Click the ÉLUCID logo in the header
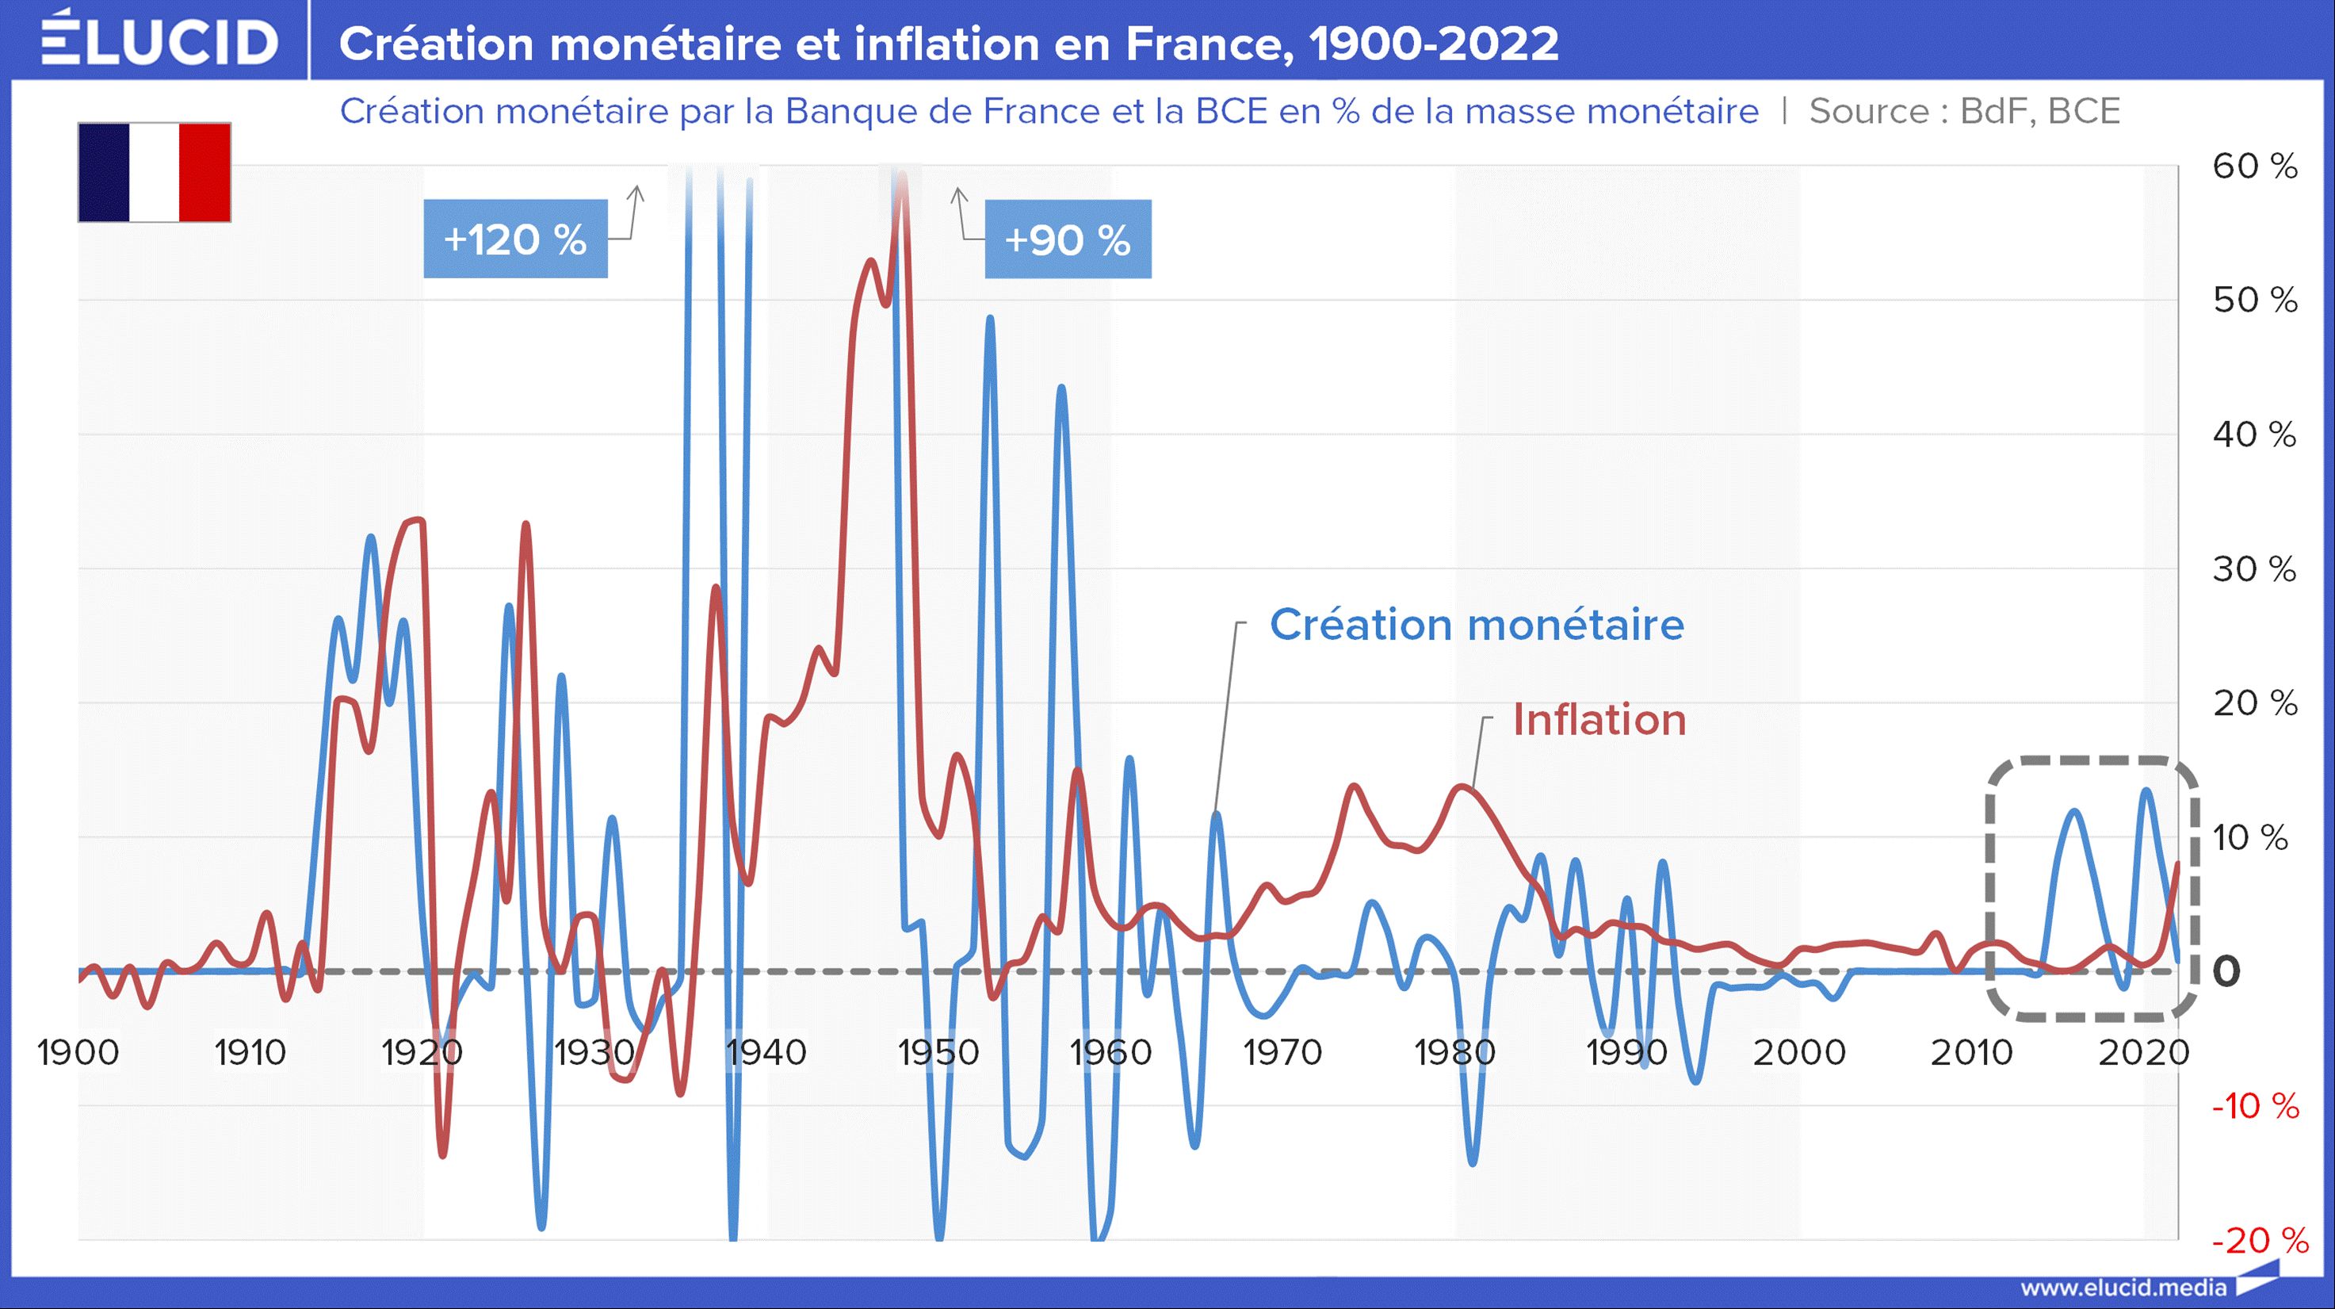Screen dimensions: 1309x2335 (x=159, y=40)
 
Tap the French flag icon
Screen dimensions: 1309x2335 (x=154, y=172)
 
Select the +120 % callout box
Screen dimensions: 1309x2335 (x=515, y=239)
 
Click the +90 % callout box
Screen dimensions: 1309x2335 (x=1067, y=239)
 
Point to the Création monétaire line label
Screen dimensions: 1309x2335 (x=1476, y=625)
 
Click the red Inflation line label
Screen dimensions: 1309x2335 (x=1599, y=721)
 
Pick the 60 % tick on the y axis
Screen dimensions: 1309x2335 (x=2254, y=166)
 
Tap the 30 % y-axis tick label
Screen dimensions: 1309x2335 (x=2254, y=569)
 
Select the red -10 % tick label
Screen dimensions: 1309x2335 (x=2255, y=1107)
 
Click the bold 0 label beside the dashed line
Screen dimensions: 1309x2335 (x=2226, y=972)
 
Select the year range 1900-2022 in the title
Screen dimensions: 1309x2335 (x=1434, y=44)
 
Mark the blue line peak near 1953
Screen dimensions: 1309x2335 (x=989, y=319)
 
